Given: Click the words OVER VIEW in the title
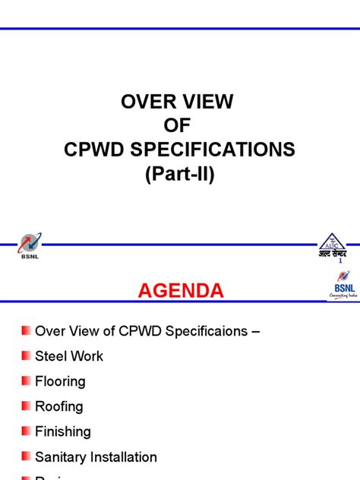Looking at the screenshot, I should pyautogui.click(x=179, y=103).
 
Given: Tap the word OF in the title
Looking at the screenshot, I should pyautogui.click(x=179, y=126).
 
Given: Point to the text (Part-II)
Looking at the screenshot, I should pyautogui.click(x=180, y=173).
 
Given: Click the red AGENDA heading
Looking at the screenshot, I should pyautogui.click(x=181, y=291).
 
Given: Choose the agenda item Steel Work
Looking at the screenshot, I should pyautogui.click(x=69, y=356).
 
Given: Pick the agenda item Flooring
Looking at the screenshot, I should pyautogui.click(x=60, y=381).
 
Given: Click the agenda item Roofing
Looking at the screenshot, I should pyautogui.click(x=59, y=406).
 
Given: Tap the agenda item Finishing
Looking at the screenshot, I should pyautogui.click(x=63, y=431).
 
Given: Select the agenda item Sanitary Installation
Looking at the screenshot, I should pyautogui.click(x=96, y=457).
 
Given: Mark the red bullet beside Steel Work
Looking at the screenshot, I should pyautogui.click(x=27, y=355).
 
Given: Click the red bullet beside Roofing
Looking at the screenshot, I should pyautogui.click(x=27, y=406).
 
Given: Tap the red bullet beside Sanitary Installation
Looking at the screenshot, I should pyautogui.click(x=27, y=456).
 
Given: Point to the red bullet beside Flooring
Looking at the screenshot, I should pyautogui.click(x=27, y=381).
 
